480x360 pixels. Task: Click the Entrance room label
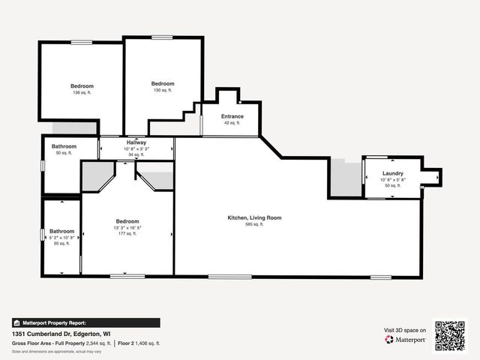point(232,117)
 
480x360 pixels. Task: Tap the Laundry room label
point(392,173)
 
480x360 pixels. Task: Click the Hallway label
point(136,142)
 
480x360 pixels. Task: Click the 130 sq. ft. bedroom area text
point(163,90)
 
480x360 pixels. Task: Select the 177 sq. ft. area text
point(127,234)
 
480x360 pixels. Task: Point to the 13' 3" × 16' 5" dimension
point(127,228)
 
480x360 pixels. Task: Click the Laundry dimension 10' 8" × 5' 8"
point(392,180)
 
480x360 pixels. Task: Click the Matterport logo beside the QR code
point(406,340)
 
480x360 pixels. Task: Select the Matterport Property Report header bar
point(85,322)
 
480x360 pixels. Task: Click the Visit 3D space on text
point(405,330)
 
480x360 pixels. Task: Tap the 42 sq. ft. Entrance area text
point(232,123)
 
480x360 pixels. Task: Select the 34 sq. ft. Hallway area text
point(136,155)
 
